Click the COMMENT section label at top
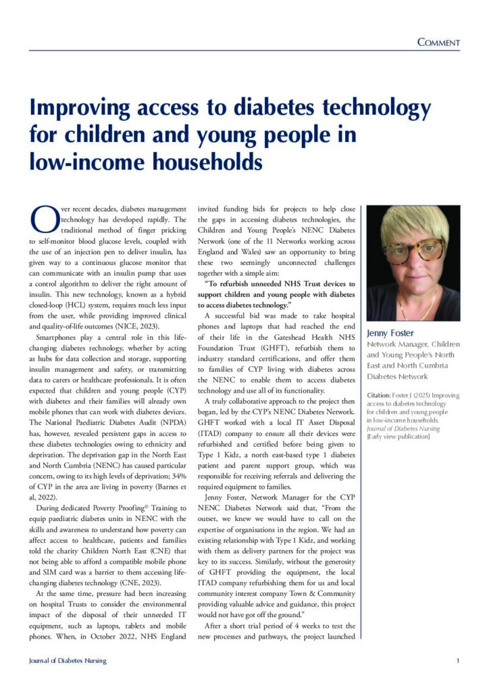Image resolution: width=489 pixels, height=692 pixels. tap(438, 43)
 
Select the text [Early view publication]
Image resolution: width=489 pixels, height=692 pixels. tap(398, 437)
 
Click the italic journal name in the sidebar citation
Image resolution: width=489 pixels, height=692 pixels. tap(403, 427)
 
